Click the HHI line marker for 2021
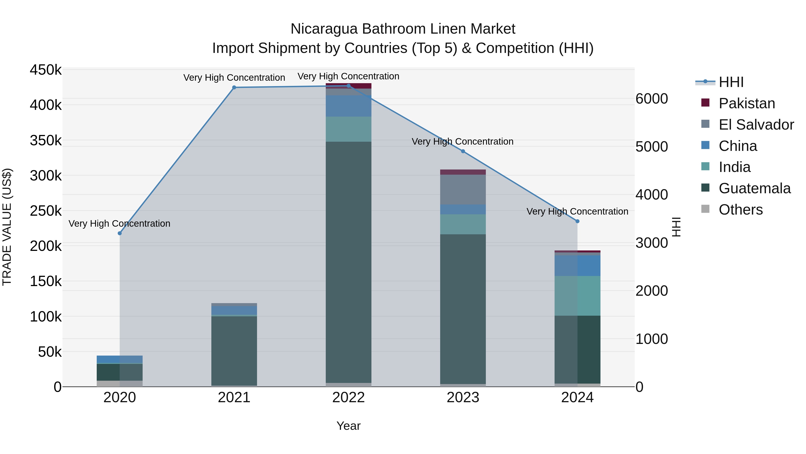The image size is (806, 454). (x=234, y=87)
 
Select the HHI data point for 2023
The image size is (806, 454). (x=463, y=151)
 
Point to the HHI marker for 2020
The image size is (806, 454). (x=120, y=233)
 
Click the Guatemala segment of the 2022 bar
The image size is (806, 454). (x=349, y=262)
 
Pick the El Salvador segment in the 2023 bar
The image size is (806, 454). (x=463, y=189)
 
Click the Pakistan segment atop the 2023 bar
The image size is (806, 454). (x=463, y=172)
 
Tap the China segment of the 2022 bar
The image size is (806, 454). (x=349, y=106)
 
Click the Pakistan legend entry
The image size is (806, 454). (x=746, y=103)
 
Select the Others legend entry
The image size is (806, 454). (x=740, y=210)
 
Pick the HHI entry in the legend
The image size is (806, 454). (x=731, y=82)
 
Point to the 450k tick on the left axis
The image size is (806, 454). (x=46, y=70)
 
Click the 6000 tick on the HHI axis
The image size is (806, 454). (x=652, y=99)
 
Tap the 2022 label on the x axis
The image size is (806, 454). (x=349, y=398)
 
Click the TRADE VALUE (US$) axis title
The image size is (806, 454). (x=7, y=227)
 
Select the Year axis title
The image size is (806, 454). (x=349, y=426)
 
